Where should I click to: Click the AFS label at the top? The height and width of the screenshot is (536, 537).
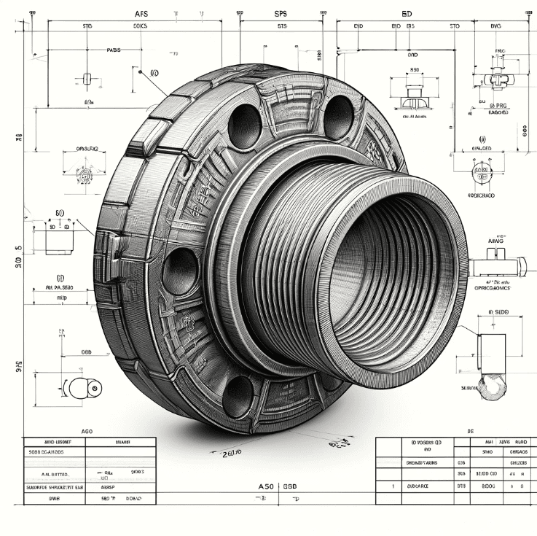click(141, 13)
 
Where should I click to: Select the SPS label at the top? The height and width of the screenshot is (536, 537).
click(281, 13)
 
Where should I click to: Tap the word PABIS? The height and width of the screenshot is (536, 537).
click(114, 50)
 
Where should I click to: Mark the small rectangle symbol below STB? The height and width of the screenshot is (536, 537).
click(87, 78)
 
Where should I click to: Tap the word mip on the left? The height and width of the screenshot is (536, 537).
click(63, 298)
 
